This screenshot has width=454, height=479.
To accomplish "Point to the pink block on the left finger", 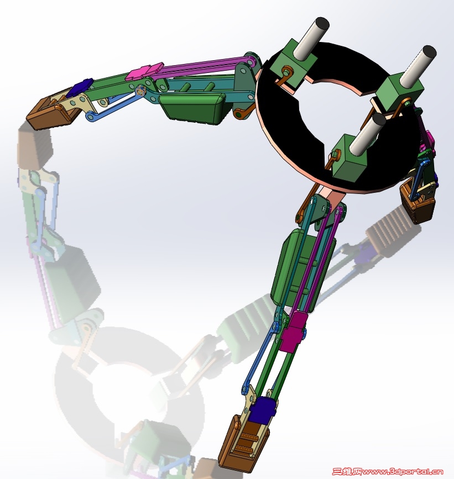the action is point(146,71).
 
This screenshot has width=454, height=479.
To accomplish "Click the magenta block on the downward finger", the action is point(294,331).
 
